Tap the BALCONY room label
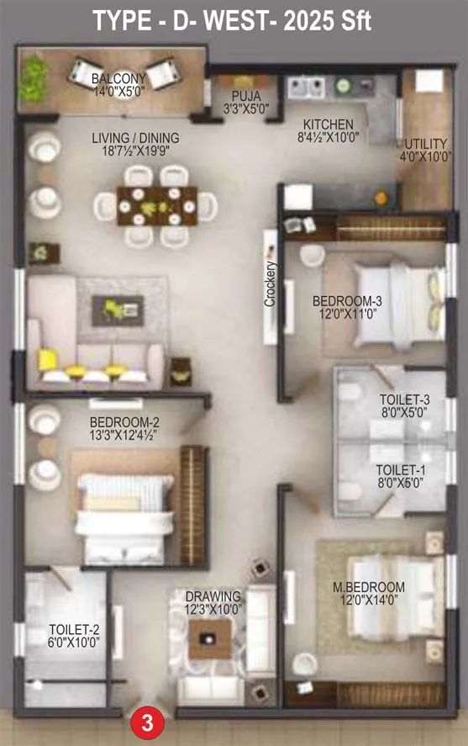(113, 79)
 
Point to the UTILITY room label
(426, 144)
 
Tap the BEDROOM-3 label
(347, 300)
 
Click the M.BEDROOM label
(373, 587)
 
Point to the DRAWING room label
(213, 596)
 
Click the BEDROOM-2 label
(124, 422)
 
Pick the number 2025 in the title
(313, 21)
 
